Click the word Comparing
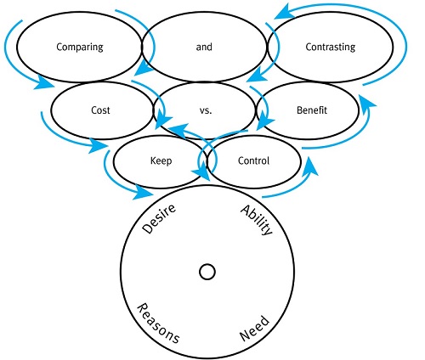click(x=80, y=47)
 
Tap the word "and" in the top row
click(x=204, y=47)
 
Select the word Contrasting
click(x=331, y=47)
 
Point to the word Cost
click(x=100, y=110)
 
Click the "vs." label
click(x=206, y=110)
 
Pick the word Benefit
click(x=312, y=110)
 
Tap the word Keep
click(x=161, y=161)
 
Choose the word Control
click(x=253, y=160)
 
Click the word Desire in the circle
click(x=159, y=219)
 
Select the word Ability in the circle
click(x=257, y=220)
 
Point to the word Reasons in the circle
click(x=158, y=323)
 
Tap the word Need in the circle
click(x=254, y=328)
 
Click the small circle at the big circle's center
click(x=207, y=272)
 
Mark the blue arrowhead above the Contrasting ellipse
click(x=285, y=12)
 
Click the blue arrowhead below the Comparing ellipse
click(x=44, y=83)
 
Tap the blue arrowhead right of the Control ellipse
click(x=310, y=167)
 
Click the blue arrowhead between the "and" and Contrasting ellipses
click(x=257, y=75)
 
